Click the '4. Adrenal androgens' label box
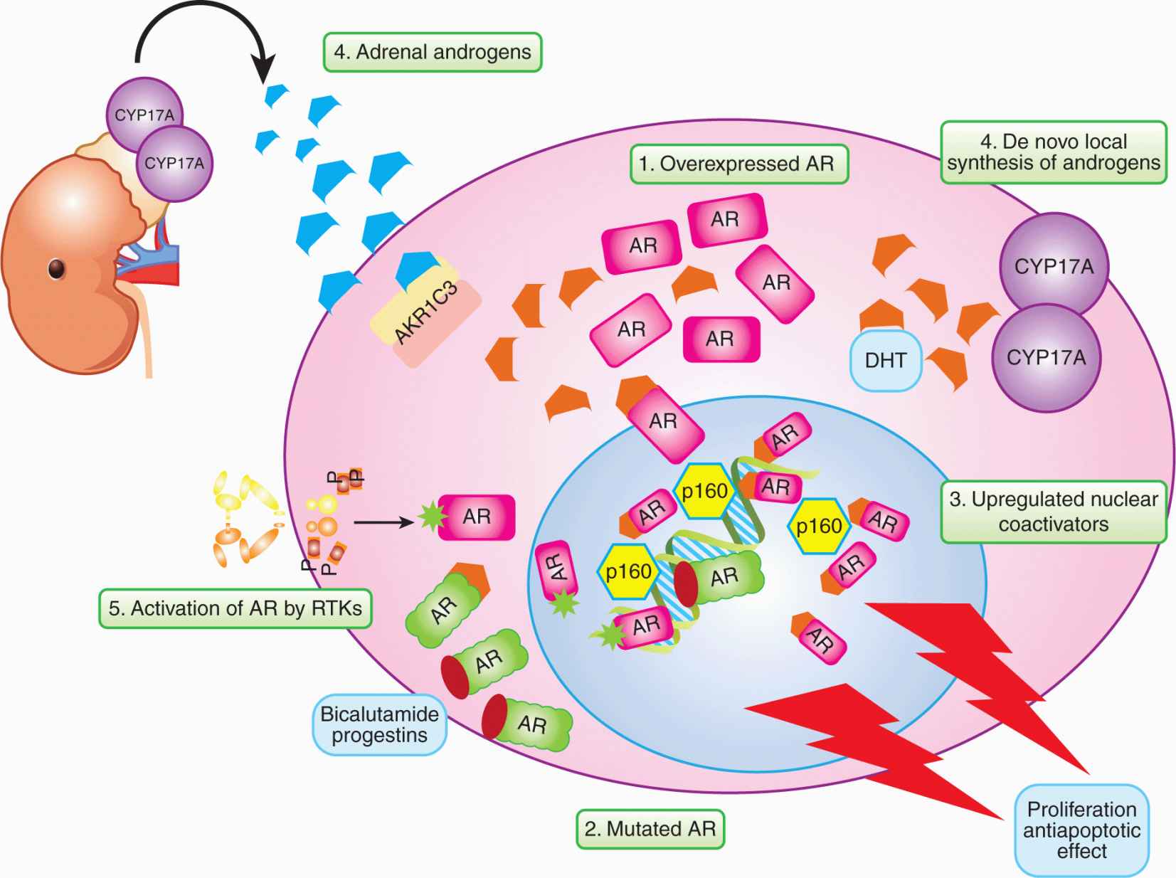433,52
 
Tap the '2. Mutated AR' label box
650,829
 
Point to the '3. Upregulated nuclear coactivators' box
1053,512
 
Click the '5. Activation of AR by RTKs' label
235,608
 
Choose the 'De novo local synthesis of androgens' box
1053,152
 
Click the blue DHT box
886,360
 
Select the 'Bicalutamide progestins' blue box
379,724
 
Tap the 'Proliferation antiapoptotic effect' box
1081,830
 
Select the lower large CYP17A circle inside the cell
1046,357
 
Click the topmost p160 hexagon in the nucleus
704,490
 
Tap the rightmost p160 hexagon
819,526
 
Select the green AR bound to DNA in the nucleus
722,576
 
